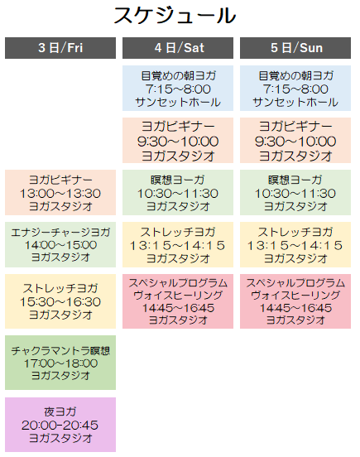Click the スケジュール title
[x=175, y=16]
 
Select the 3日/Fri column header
[x=60, y=48]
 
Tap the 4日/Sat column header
[x=178, y=48]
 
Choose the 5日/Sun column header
[x=295, y=48]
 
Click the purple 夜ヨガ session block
[x=60, y=425]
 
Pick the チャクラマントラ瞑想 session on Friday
[x=60, y=363]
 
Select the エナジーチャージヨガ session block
[x=60, y=244]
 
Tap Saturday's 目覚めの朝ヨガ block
[x=178, y=88]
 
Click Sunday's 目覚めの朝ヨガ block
[x=295, y=88]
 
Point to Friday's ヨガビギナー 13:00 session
[x=60, y=192]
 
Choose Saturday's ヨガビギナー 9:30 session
[x=178, y=140]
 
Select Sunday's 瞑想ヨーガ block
[x=295, y=192]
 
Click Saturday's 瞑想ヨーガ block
[x=178, y=192]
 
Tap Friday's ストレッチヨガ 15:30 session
[x=60, y=301]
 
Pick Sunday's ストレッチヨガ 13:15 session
[x=295, y=244]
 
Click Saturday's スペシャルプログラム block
[x=178, y=301]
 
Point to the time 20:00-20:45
[x=60, y=426]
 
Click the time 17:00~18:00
[x=60, y=363]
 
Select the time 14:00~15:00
[x=60, y=245]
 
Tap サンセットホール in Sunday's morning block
[x=295, y=102]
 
